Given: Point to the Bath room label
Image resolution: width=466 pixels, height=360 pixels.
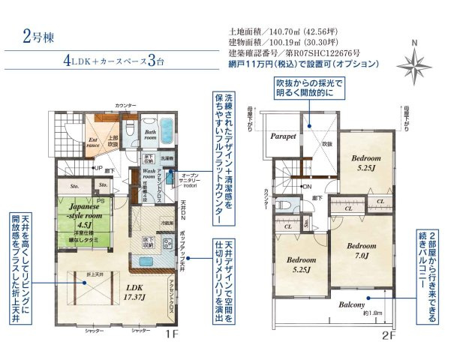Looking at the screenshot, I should pos(150,134).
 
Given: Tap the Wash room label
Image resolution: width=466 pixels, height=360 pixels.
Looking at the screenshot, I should pos(153,174).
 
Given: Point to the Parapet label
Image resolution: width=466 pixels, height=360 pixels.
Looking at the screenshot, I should pos(282,136).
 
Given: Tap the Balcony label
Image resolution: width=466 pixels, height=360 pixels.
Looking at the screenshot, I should pos(351,305).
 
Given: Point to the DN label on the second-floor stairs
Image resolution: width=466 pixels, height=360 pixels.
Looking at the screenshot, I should pos(306,186).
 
